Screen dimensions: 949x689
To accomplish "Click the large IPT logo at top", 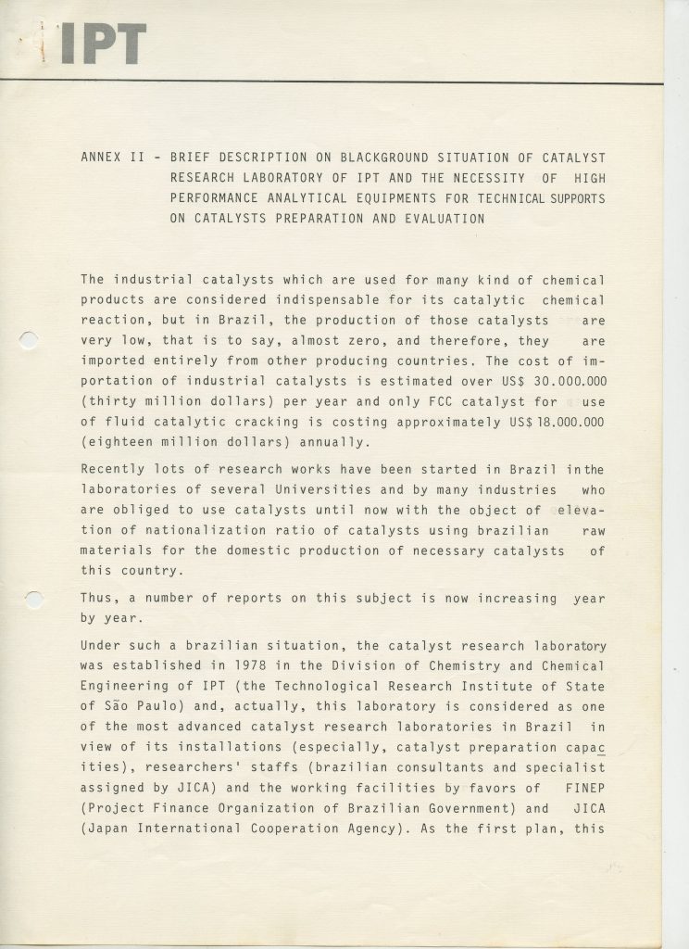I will tap(101, 44).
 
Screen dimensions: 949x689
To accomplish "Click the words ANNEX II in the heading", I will tap(112, 158).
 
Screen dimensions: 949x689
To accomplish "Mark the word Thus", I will tap(96, 598).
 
